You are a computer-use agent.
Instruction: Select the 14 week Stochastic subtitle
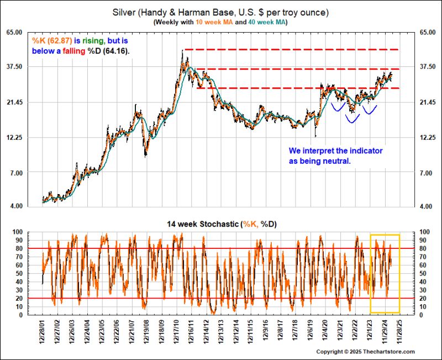point(220,224)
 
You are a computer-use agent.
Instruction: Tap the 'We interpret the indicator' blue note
point(335,150)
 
